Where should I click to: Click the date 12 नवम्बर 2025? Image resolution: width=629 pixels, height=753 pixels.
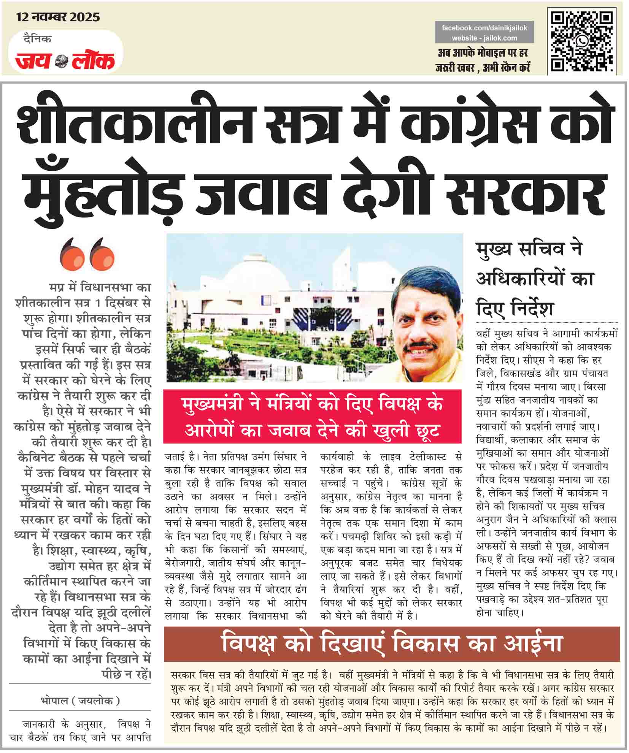pyautogui.click(x=58, y=17)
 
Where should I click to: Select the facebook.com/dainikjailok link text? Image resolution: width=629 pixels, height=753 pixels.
pyautogui.click(x=484, y=28)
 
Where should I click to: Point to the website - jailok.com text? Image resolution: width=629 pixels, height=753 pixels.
pyautogui.click(x=484, y=38)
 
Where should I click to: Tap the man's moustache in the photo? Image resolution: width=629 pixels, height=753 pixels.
pyautogui.click(x=420, y=346)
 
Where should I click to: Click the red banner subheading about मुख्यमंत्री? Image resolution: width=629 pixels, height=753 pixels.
pyautogui.click(x=312, y=417)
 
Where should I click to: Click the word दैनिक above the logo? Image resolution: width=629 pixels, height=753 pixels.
pyautogui.click(x=37, y=39)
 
